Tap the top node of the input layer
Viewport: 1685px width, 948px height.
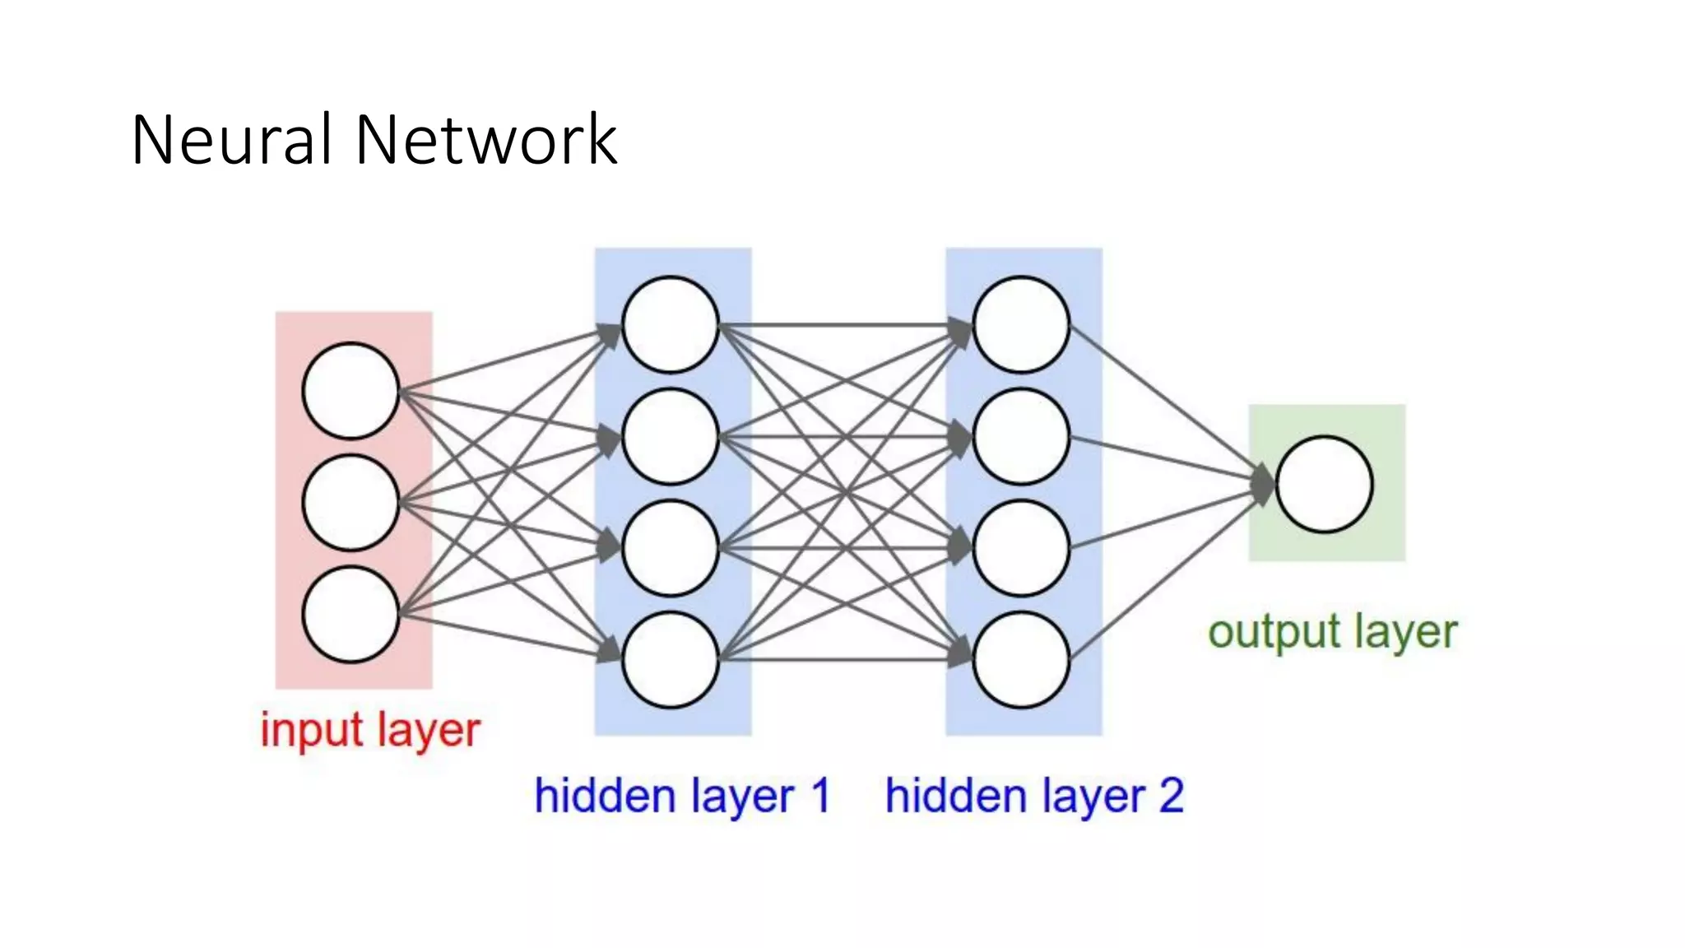(350, 391)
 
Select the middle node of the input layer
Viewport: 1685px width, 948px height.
(350, 502)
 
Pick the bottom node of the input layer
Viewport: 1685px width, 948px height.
(350, 614)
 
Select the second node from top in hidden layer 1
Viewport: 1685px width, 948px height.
(671, 436)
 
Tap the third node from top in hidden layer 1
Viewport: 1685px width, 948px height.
(671, 548)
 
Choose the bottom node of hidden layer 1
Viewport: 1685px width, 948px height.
(671, 659)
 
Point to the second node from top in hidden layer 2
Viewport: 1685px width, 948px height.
(1021, 436)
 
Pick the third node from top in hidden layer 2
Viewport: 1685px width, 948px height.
(1021, 548)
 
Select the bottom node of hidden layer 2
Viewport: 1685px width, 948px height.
(1021, 659)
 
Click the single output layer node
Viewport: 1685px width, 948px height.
(1324, 484)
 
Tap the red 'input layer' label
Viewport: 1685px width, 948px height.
(370, 730)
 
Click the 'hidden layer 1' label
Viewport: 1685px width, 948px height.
(682, 796)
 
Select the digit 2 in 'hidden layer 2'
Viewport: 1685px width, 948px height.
(1171, 795)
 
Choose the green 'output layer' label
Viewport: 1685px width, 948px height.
(1332, 632)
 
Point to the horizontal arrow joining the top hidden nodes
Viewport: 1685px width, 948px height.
(847, 325)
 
